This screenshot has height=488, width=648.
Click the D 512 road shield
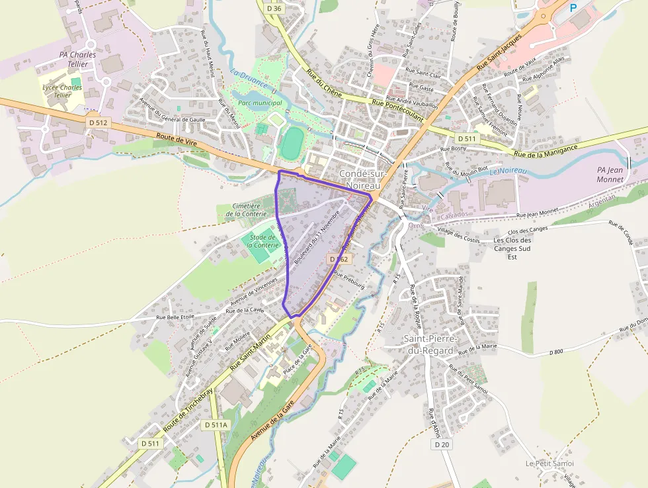(x=97, y=122)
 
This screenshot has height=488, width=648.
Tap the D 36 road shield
(x=274, y=9)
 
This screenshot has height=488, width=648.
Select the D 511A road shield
(x=216, y=424)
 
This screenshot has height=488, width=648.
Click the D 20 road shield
(x=442, y=444)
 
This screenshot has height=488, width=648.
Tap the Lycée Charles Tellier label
(x=61, y=91)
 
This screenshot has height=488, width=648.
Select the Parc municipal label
(x=260, y=103)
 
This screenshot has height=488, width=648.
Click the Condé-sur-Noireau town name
(x=360, y=179)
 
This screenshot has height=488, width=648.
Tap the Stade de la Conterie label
(x=263, y=240)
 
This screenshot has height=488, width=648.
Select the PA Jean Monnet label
(x=610, y=174)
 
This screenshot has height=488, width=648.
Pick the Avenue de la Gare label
(x=272, y=424)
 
